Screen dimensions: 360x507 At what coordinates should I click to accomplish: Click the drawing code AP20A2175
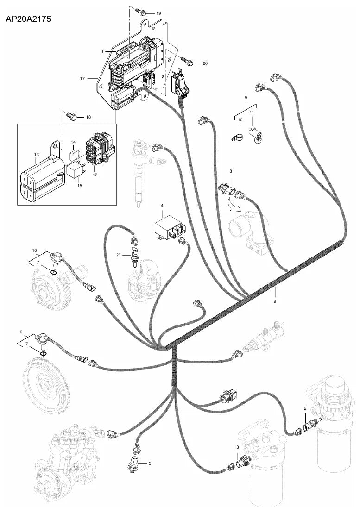point(28,19)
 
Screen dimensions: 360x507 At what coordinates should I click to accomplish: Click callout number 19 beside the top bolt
point(158,13)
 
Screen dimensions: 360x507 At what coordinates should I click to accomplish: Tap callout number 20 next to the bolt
point(205,63)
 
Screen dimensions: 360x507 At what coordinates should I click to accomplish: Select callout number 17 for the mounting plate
point(82,79)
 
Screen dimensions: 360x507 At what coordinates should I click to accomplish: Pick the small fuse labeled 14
point(74,154)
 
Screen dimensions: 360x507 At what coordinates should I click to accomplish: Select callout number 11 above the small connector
point(252,112)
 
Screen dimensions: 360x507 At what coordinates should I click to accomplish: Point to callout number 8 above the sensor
point(231,171)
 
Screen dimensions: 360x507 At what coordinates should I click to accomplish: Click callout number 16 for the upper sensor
point(35,250)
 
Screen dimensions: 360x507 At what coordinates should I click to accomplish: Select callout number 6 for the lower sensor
point(21,332)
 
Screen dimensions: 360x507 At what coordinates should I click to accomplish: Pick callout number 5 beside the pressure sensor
point(150,463)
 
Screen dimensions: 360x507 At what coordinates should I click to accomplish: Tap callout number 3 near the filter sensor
point(237,447)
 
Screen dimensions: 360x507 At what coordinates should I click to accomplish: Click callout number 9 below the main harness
point(275,301)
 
